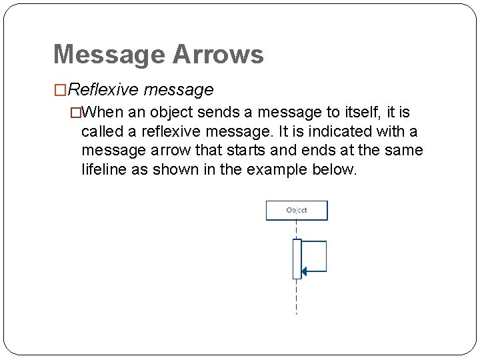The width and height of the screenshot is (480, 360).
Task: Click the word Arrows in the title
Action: [217, 55]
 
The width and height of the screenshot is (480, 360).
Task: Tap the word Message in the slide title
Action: [109, 55]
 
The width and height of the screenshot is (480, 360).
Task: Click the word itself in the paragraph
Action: [361, 111]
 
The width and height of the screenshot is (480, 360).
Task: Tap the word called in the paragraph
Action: [103, 131]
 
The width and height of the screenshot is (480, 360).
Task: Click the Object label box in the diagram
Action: [297, 211]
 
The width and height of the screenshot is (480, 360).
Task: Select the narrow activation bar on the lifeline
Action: [297, 259]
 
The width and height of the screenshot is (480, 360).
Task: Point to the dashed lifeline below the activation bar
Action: [297, 297]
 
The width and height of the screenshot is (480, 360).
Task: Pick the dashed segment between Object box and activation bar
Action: [297, 229]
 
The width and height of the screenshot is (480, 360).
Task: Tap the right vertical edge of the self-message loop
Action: [326, 257]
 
